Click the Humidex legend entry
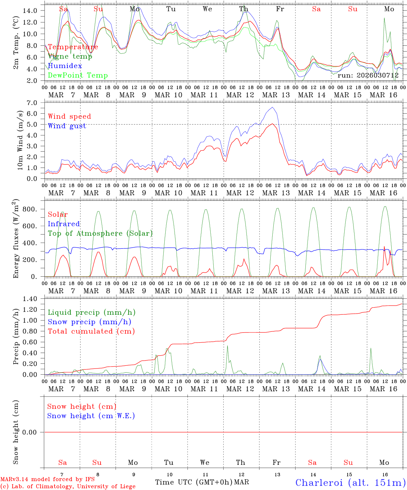coord(65,66)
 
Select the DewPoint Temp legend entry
coord(78,75)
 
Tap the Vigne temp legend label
coord(70,56)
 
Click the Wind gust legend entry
coord(67,126)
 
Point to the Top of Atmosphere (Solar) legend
coord(100,233)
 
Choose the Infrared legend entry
coord(64,224)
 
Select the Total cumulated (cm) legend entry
coord(91,331)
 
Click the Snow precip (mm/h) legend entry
coord(89,322)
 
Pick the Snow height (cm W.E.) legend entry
coord(91,416)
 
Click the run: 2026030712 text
coord(368,75)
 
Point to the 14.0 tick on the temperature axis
coord(30,11)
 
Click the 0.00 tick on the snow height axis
coord(32,432)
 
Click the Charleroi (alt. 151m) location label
coord(350,482)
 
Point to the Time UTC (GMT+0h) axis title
coord(194,482)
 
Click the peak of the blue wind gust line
coord(272,108)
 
